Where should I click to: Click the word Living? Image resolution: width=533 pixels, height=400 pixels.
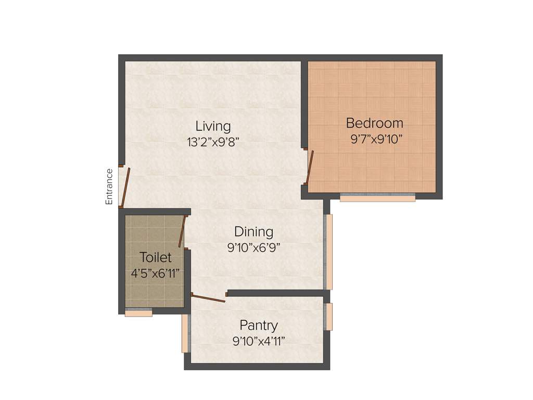213,126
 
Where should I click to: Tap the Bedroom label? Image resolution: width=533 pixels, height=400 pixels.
374,123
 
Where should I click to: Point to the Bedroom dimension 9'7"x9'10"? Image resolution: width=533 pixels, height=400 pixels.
377,139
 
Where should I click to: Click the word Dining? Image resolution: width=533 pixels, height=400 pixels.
253,232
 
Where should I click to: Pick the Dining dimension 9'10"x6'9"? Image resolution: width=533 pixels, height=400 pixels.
253,248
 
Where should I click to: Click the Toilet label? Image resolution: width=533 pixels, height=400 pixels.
155,257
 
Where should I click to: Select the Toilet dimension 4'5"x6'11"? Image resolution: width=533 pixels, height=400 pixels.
156,273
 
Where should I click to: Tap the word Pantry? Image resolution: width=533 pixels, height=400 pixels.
259,326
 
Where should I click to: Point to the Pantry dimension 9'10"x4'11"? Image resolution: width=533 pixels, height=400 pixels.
259,341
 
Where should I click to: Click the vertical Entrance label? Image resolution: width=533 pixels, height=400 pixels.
109,186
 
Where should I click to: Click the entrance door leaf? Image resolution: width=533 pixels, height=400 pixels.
125,187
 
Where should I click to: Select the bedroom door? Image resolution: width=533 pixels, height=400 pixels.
310,168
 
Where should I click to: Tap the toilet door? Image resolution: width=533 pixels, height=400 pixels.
182,232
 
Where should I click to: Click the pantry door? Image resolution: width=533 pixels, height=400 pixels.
208,298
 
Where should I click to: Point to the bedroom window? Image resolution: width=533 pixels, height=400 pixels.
377,198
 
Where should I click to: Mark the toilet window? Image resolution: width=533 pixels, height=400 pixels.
138,313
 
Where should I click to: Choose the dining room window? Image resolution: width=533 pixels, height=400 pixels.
328,252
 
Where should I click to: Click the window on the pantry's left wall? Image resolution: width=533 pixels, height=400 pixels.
185,333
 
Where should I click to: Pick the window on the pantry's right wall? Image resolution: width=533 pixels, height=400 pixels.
328,317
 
